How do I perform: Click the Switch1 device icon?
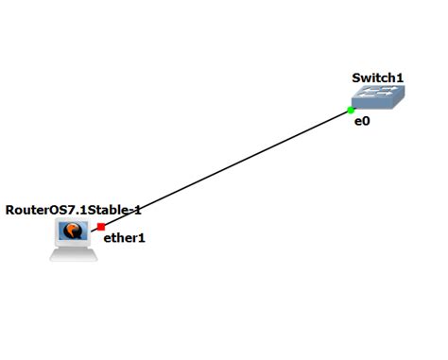point(377,96)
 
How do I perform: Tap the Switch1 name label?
point(377,77)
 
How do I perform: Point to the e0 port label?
point(361,122)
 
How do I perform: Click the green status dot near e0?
point(351,111)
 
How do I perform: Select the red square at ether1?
point(101,226)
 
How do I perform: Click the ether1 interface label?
point(124,238)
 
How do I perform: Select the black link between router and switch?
point(227,168)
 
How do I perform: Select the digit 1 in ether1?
point(142,238)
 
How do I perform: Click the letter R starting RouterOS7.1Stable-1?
point(10,209)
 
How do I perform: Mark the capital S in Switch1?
point(356,77)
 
